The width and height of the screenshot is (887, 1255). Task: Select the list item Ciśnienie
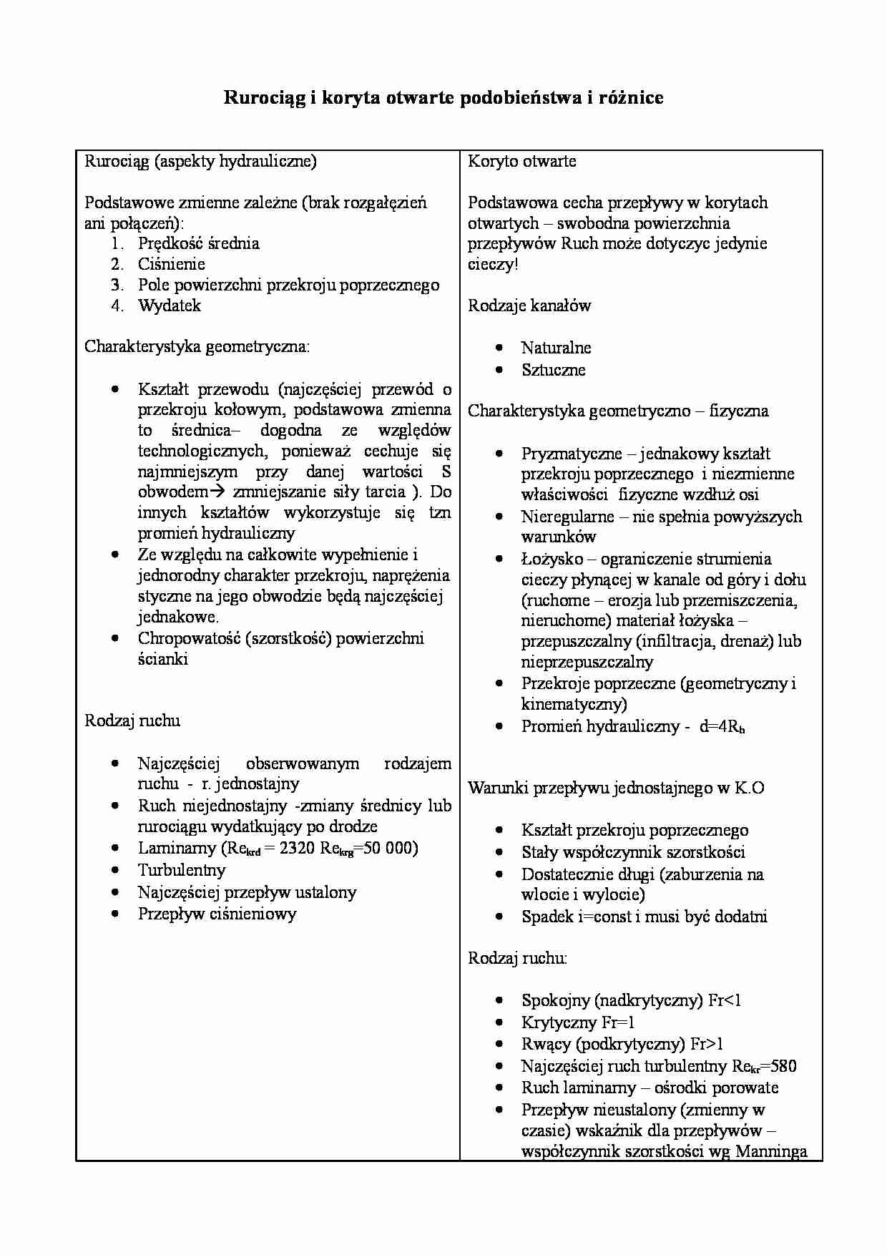pos(172,264)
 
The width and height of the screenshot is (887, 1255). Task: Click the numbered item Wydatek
pos(170,306)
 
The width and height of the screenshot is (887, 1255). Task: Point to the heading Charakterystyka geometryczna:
pos(197,347)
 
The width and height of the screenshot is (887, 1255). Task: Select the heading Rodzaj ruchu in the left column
pos(132,721)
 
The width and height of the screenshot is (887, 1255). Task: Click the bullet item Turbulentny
pos(182,871)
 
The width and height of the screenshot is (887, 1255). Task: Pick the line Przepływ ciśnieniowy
pos(217,914)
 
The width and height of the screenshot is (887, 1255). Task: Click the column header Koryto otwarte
pos(522,161)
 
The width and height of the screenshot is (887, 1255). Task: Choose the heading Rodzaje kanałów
pos(529,306)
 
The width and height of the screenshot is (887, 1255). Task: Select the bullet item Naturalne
pos(556,348)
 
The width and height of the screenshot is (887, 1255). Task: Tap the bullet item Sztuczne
pos(553,370)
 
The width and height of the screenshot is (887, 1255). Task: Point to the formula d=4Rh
pos(722,727)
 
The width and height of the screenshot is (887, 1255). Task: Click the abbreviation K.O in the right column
pos(750,788)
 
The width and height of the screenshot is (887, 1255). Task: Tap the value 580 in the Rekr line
pos(784,1066)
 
